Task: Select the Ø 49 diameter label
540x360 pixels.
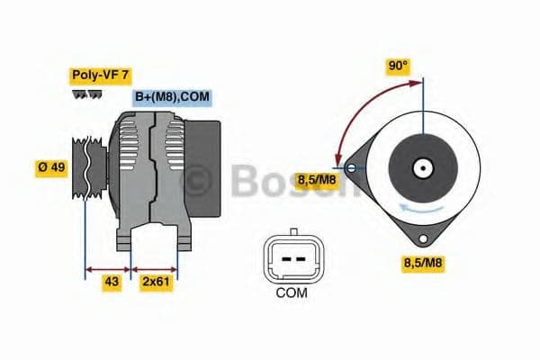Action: pyautogui.click(x=50, y=168)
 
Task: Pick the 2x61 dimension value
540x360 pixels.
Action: pyautogui.click(x=156, y=283)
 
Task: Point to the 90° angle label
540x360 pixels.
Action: pyautogui.click(x=398, y=66)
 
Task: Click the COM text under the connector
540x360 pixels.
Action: pyautogui.click(x=291, y=292)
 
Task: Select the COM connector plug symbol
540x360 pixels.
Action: pyautogui.click(x=291, y=258)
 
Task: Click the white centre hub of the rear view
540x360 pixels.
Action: pyautogui.click(x=421, y=166)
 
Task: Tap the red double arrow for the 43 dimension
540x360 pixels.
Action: pyautogui.click(x=108, y=268)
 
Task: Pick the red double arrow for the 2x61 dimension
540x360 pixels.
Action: pyautogui.click(x=155, y=268)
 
